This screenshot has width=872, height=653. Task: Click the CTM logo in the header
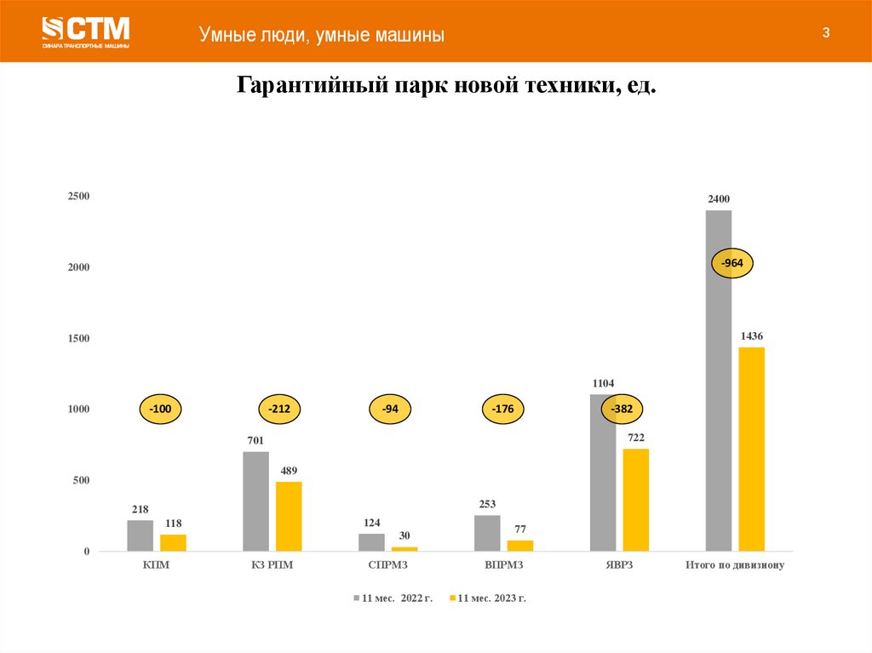tap(85, 32)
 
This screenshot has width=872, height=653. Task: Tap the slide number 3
tap(825, 33)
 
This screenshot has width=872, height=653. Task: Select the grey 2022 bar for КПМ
tap(141, 536)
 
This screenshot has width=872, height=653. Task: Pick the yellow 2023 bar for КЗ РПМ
tap(289, 516)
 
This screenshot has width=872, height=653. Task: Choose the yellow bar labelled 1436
tap(752, 449)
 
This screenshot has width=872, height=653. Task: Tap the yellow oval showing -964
tap(732, 264)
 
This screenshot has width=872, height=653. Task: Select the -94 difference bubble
tap(390, 410)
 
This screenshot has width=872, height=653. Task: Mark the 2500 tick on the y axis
tap(79, 197)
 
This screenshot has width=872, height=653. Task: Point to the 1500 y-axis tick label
tap(79, 339)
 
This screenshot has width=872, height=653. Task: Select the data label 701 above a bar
tap(255, 440)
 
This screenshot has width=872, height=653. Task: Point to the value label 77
tap(520, 529)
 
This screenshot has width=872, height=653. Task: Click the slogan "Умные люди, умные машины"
tap(322, 35)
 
